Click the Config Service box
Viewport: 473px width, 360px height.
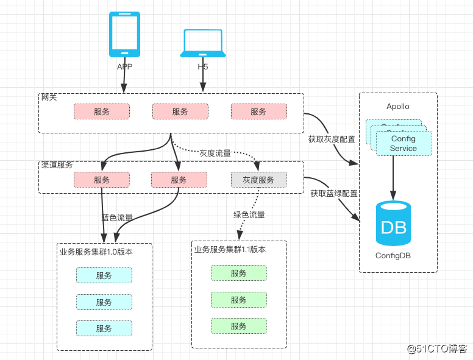point(404,144)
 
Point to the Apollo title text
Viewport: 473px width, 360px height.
point(398,107)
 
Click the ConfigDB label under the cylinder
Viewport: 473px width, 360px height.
point(393,256)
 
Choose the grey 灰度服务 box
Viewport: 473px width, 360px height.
point(258,180)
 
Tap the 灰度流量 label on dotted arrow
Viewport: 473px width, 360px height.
point(215,153)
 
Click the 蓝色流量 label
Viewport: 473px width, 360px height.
point(117,217)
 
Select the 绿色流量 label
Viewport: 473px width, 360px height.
point(249,214)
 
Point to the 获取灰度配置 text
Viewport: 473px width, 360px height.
point(332,139)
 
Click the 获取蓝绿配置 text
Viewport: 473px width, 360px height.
point(333,193)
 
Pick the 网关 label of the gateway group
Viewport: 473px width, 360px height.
point(49,97)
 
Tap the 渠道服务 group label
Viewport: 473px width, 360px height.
point(57,165)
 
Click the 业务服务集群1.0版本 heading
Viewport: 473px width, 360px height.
point(96,251)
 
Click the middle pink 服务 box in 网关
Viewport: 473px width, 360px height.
point(180,112)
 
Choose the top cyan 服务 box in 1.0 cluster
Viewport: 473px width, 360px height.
point(104,275)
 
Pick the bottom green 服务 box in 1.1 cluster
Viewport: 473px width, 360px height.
point(238,326)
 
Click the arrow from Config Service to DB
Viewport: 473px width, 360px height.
point(393,177)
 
